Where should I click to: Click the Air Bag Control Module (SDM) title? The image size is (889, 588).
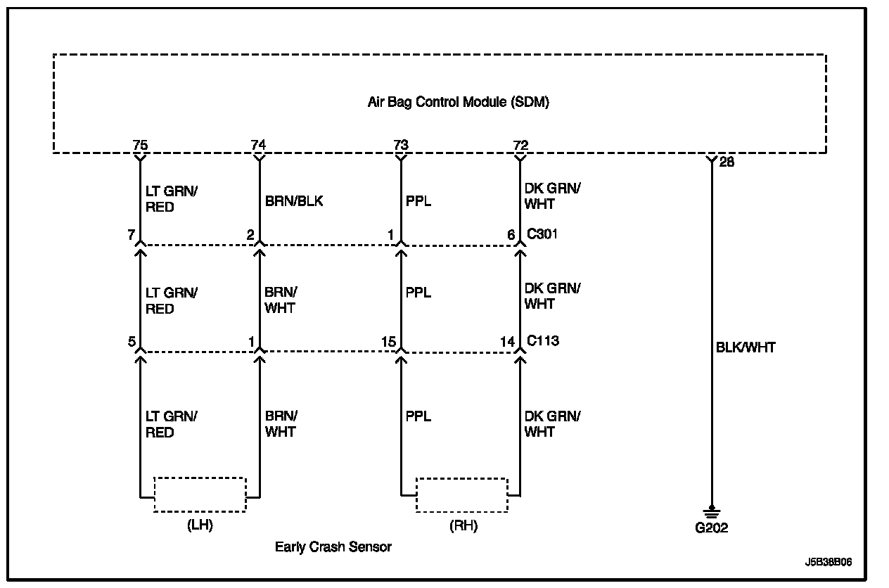pos(458,102)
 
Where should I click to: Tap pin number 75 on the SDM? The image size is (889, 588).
pos(140,145)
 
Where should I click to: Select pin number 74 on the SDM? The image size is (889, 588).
pos(259,145)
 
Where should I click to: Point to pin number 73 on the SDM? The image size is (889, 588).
pos(400,145)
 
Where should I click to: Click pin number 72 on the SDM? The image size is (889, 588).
pos(520,145)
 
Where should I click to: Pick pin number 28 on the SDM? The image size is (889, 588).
pos(727,162)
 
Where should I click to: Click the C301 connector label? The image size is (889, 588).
pos(542,234)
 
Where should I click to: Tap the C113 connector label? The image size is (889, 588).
pos(542,341)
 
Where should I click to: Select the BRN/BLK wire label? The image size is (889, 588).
pos(294,201)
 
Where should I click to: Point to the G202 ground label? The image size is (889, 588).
pos(711,528)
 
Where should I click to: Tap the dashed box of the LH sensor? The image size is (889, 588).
pos(200,494)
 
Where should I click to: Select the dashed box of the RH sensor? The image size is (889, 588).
pos(461,494)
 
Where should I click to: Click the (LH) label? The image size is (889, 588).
pos(200,526)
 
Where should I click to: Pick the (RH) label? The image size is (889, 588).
pos(462,526)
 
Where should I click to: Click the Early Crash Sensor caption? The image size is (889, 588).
pos(333,547)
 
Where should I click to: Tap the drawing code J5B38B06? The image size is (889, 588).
pos(829,563)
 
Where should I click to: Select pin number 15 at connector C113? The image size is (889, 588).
pos(388,342)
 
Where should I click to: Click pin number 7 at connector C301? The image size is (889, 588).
pos(132,235)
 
